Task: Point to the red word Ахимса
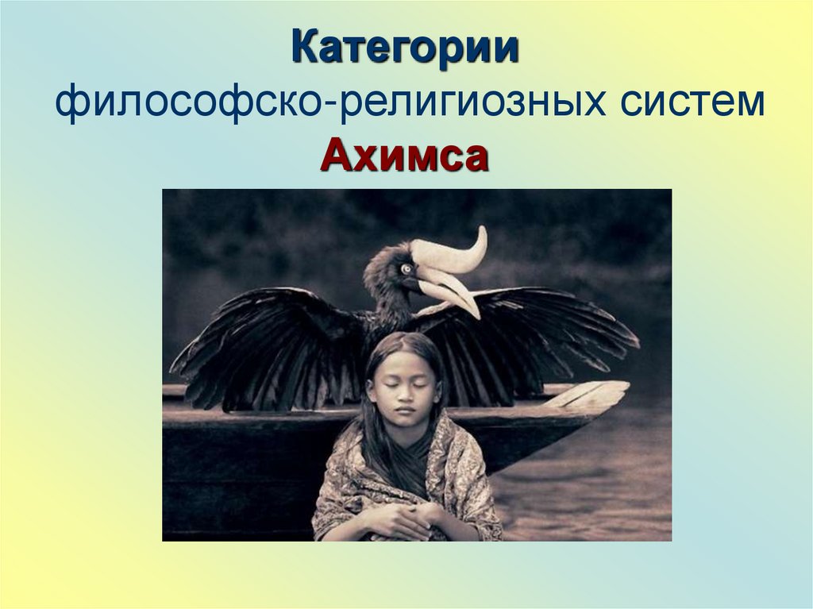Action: click(x=405, y=156)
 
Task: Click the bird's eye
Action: click(x=406, y=269)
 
